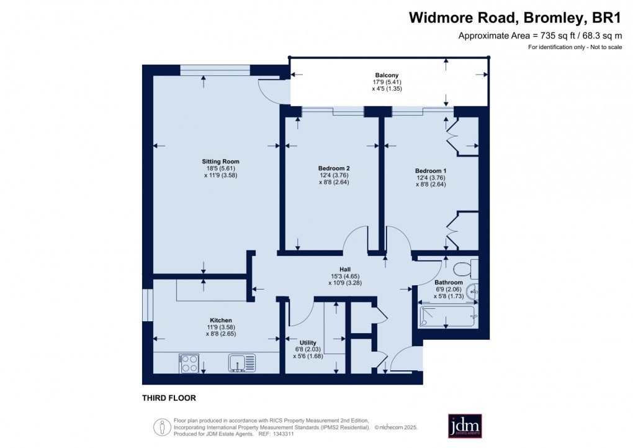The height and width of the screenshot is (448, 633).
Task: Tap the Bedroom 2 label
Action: point(334,168)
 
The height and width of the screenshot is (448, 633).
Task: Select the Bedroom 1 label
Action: point(431,170)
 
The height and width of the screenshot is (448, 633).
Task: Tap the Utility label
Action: point(308,342)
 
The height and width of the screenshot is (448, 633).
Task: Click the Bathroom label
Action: point(448,283)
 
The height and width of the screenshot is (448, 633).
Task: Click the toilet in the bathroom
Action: point(465,268)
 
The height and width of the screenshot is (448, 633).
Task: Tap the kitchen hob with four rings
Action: point(189,362)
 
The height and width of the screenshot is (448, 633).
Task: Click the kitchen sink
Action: point(241,362)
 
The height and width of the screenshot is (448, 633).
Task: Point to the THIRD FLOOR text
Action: point(169,398)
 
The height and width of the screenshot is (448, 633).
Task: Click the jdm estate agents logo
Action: point(465,426)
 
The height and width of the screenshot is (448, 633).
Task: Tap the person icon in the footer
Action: point(162,426)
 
